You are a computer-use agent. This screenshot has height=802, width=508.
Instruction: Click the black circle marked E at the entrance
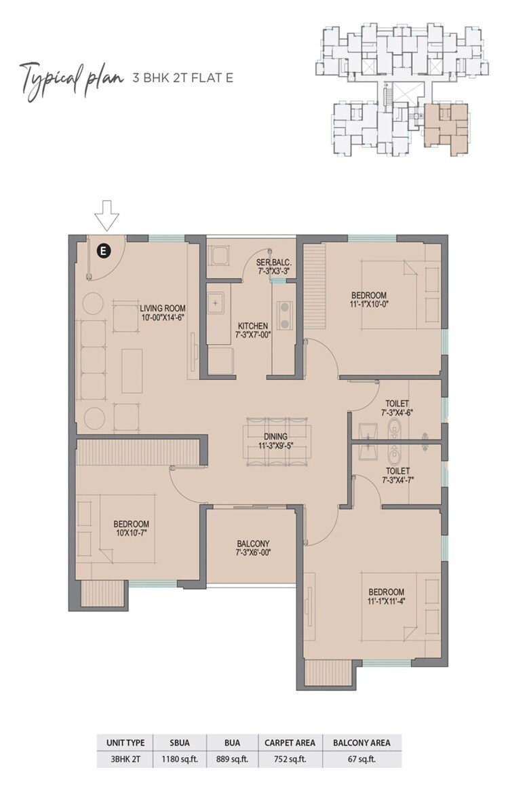(102, 251)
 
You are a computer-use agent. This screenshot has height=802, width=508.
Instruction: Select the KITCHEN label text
(252, 325)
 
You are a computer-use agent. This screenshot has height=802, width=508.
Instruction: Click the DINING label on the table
(276, 436)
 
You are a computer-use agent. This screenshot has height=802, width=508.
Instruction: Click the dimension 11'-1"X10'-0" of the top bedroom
(369, 305)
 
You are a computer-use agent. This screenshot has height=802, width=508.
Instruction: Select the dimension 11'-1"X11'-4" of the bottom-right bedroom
(387, 601)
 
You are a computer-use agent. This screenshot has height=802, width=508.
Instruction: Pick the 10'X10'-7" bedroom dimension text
(131, 533)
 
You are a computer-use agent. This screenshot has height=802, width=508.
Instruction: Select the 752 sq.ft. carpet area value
(290, 759)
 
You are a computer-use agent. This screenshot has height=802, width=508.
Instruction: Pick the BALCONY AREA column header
(362, 742)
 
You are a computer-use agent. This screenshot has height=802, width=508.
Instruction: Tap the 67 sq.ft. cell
(362, 759)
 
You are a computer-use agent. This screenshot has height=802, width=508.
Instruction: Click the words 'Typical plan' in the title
(68, 77)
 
